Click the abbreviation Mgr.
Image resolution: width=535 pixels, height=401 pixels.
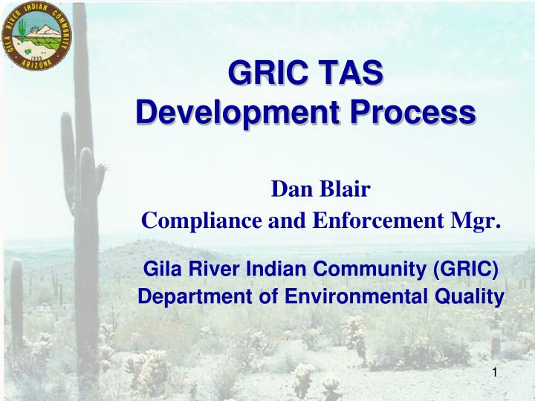tap(476, 221)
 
